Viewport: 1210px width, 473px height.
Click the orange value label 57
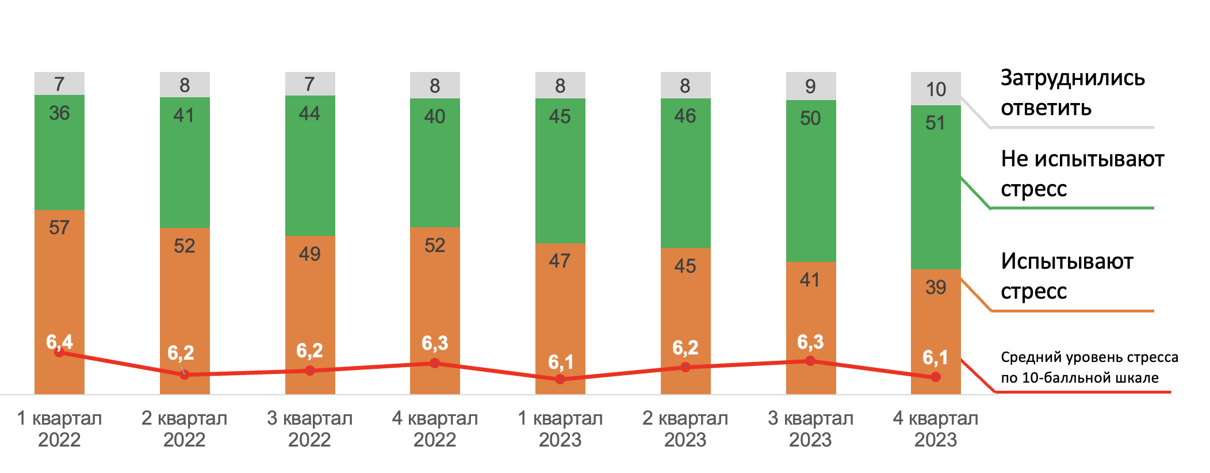tap(59, 228)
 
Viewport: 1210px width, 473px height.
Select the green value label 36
tap(59, 113)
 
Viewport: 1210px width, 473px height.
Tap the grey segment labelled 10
tap(936, 89)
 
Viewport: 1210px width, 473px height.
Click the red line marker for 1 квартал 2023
tap(560, 379)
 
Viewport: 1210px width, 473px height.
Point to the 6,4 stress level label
tap(59, 342)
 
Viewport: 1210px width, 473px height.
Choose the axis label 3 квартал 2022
tap(309, 429)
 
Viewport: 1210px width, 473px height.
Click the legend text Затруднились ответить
tap(1073, 93)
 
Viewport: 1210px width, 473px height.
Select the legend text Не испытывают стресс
tap(1082, 173)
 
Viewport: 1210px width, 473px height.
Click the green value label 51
tap(935, 123)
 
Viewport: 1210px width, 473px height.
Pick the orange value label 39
tap(936, 287)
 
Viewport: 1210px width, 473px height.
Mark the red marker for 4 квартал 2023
tap(936, 377)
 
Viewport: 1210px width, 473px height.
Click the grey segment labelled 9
tap(810, 86)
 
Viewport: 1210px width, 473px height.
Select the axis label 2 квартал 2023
tap(685, 429)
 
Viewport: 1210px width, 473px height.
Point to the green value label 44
tap(309, 113)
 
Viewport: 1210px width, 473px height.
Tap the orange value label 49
tap(309, 254)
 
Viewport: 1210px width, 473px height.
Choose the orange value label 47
tap(560, 261)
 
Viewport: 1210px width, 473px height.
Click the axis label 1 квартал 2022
tap(59, 429)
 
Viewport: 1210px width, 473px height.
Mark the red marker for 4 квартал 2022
tap(435, 363)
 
